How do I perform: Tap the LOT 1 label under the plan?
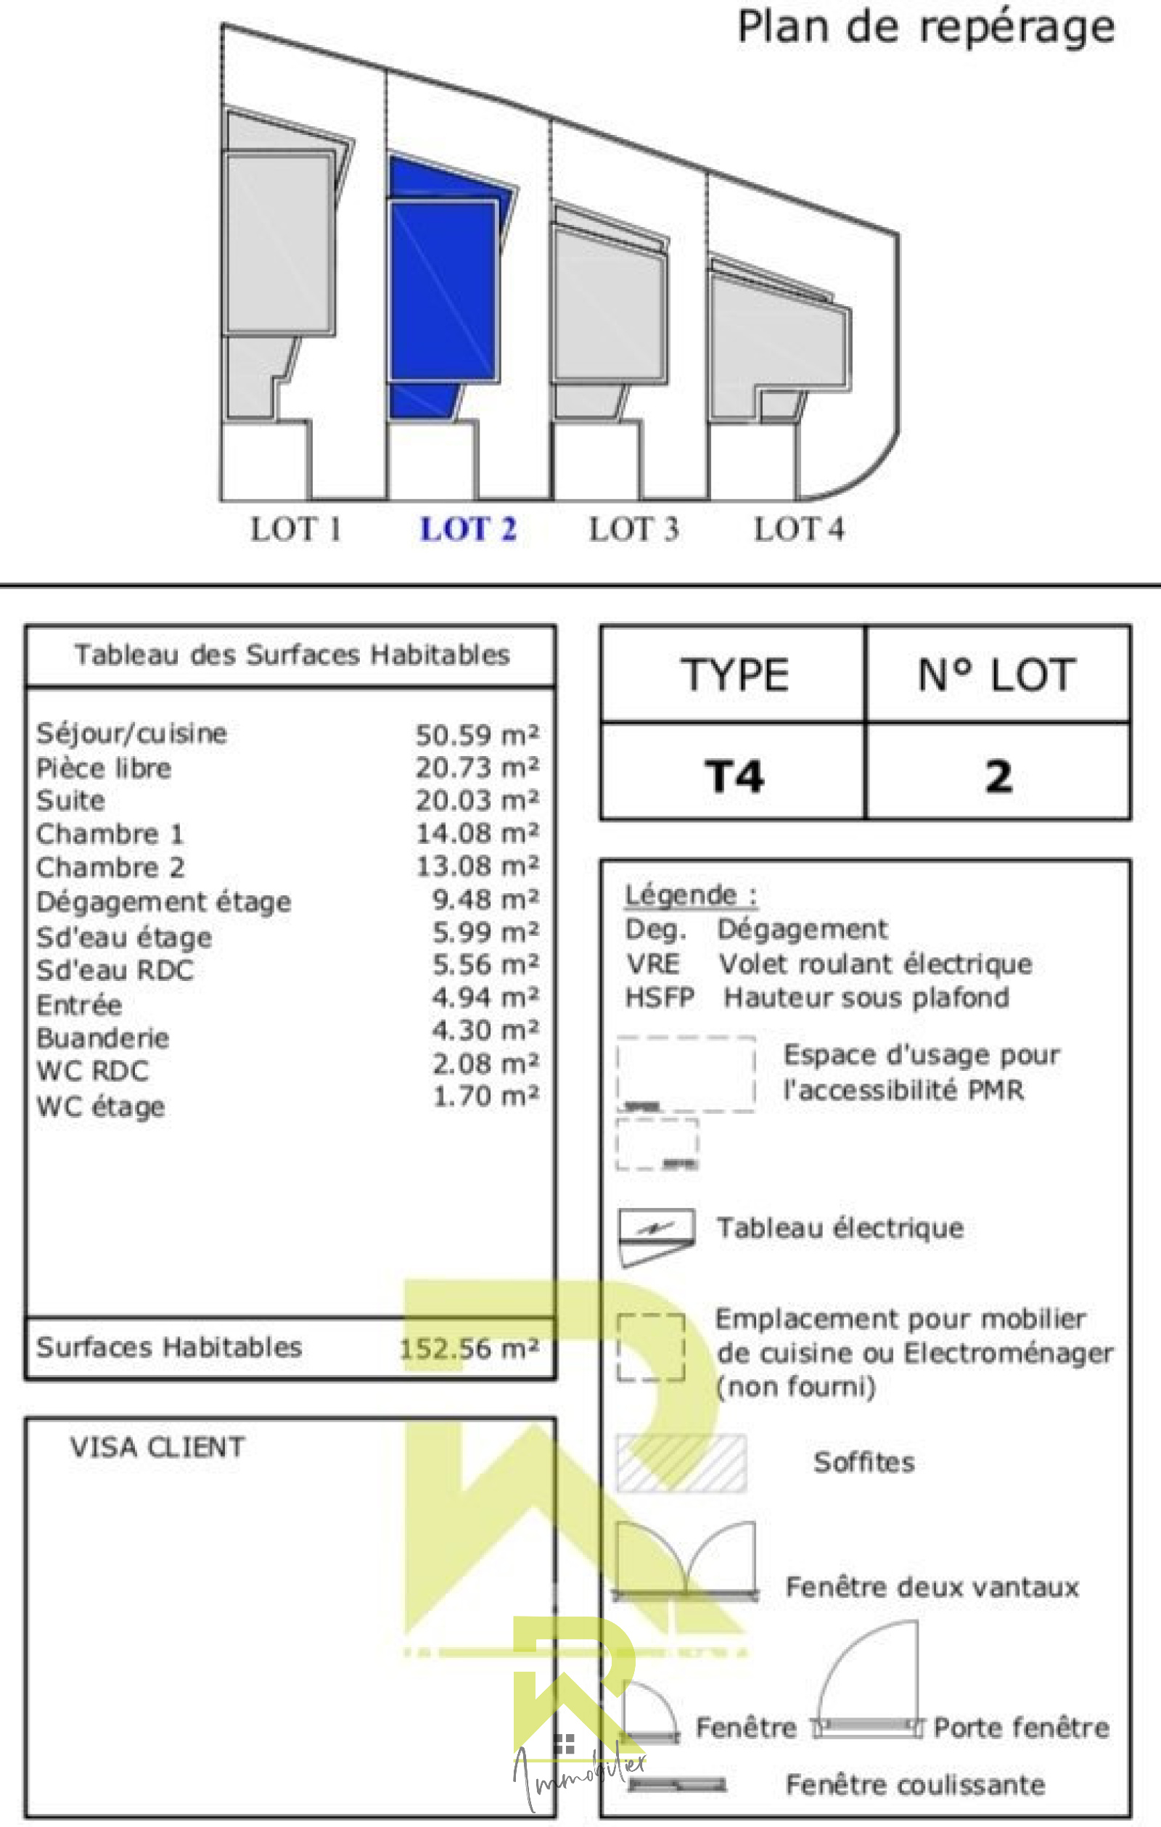pyautogui.click(x=295, y=529)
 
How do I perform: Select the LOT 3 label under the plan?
pyautogui.click(x=633, y=529)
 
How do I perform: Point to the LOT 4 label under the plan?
pyautogui.click(x=798, y=529)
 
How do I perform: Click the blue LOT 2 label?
pyautogui.click(x=468, y=529)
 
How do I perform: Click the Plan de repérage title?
pyautogui.click(x=926, y=28)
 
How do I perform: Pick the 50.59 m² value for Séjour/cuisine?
pyautogui.click(x=477, y=734)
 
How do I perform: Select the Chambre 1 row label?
pyautogui.click(x=110, y=834)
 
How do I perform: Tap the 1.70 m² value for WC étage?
pyautogui.click(x=485, y=1096)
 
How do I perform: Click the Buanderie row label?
pyautogui.click(x=102, y=1037)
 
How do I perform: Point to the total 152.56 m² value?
pyautogui.click(x=469, y=1348)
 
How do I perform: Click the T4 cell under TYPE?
pyautogui.click(x=733, y=776)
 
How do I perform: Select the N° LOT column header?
pyautogui.click(x=996, y=675)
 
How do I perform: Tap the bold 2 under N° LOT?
pyautogui.click(x=998, y=776)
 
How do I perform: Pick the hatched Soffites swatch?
pyautogui.click(x=681, y=1462)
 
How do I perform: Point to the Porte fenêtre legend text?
pyautogui.click(x=1021, y=1728)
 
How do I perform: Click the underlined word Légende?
pyautogui.click(x=681, y=895)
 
